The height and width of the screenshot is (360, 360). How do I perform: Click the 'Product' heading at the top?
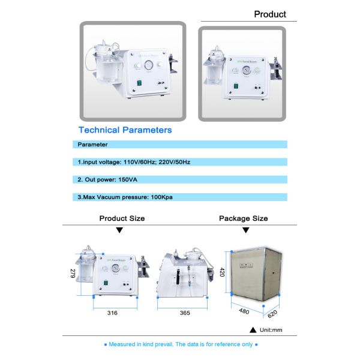point(270,14)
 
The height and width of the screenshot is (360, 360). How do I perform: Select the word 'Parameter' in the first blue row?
point(92,145)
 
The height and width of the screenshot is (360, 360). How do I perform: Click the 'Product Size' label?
point(122,218)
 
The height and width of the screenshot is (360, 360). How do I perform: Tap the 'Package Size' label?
point(243,218)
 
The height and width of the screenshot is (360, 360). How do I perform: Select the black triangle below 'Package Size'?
point(244,230)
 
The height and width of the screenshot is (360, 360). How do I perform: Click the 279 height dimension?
point(73,274)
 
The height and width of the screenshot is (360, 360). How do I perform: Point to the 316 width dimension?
point(112,313)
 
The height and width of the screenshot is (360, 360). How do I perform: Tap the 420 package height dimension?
point(221,272)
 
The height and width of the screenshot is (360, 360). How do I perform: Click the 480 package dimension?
point(244,311)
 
